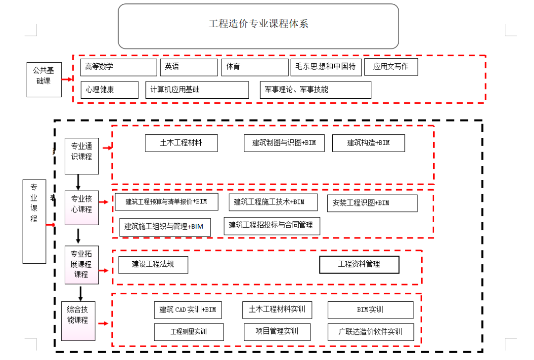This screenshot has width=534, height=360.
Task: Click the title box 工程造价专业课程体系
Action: pos(258,26)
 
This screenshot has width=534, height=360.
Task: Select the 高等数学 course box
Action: pos(118,67)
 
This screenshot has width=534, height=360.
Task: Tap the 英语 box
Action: pos(188,67)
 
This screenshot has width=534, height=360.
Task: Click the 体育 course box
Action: pos(255,67)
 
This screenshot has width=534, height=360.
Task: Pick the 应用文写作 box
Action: pos(391,67)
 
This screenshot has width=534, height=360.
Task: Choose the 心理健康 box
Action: pos(109,90)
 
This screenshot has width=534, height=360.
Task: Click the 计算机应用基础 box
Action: pos(197,90)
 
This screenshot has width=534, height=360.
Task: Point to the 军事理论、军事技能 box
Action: pos(315,90)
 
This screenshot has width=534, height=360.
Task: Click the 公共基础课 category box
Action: pos(44,79)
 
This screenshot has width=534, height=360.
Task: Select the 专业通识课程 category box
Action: pos(82,156)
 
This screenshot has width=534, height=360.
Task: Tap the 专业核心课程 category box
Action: pos(82,207)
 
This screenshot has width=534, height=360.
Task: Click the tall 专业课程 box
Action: pos(34,221)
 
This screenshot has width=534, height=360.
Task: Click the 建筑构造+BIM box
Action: pos(368,143)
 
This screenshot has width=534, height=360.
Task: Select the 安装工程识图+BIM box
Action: pos(372,203)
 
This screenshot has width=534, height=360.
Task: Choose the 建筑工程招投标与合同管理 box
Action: pos(271,226)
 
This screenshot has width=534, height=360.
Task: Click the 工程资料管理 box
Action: pos(359,265)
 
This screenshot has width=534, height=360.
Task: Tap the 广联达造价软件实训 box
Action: pos(370,332)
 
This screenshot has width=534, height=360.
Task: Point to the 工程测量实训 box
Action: pos(188,332)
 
